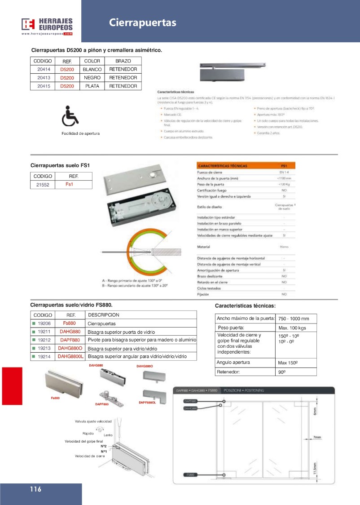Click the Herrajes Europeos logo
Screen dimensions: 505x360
tap(47, 26)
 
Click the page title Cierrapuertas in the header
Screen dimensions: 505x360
tap(143, 23)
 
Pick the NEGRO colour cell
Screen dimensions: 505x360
tap(92, 78)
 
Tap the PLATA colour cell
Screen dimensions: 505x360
tap(92, 86)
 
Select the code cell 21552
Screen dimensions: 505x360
tap(43, 185)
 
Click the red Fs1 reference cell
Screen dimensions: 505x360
tap(69, 185)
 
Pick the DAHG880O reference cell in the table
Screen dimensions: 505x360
tap(70, 348)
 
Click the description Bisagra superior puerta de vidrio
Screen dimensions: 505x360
tap(120, 332)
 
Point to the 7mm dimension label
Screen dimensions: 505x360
tap(317, 437)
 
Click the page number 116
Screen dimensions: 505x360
tap(36, 489)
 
